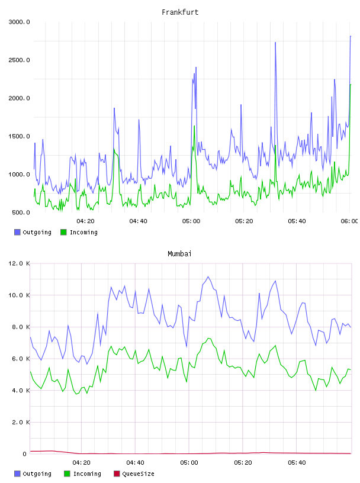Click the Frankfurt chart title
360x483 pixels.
[180, 12]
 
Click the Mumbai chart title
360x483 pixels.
[179, 254]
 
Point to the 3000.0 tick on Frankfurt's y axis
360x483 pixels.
[19, 22]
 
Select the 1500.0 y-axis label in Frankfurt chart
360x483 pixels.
[19, 136]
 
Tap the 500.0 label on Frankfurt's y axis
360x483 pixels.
[21, 212]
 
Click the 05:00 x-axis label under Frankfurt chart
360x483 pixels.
[191, 221]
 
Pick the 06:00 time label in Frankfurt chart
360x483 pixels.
[349, 221]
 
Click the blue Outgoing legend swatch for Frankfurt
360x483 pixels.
[17, 232]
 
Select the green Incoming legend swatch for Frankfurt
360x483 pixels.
[63, 232]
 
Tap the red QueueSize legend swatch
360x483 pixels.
[117, 474]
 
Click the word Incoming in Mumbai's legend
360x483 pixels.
[87, 474]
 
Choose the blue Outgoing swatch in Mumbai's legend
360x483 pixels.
[17, 474]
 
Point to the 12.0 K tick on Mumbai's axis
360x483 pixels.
[19, 263]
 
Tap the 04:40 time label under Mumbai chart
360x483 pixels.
[136, 463]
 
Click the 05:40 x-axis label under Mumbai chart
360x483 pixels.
[297, 463]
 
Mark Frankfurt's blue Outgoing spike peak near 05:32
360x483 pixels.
[275, 43]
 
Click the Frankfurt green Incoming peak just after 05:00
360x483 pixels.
[194, 126]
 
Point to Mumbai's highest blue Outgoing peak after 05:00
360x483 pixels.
[208, 276]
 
